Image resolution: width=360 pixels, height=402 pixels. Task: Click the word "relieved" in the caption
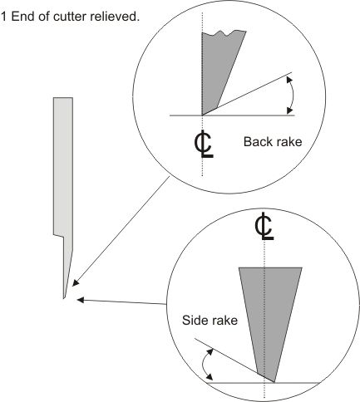114,17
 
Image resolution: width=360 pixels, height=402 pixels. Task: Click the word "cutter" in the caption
70,17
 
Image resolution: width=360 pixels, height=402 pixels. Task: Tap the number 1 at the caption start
3,17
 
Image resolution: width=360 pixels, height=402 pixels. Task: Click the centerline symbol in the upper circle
204,144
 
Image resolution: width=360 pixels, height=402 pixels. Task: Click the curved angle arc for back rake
293,96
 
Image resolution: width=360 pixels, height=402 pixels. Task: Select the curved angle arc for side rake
204,365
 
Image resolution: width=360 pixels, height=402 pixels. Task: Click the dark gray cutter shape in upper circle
219,66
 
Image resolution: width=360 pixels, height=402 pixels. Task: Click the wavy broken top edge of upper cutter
224,33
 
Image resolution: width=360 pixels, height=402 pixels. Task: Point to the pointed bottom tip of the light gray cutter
64,298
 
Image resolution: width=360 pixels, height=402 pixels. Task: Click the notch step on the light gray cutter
58,236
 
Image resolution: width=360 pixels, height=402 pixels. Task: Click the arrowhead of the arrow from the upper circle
76,283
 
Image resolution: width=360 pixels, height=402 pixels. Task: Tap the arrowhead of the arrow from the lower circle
81,300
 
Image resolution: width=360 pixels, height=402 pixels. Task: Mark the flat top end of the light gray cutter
63,97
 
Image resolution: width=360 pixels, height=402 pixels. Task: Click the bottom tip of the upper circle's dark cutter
202,115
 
